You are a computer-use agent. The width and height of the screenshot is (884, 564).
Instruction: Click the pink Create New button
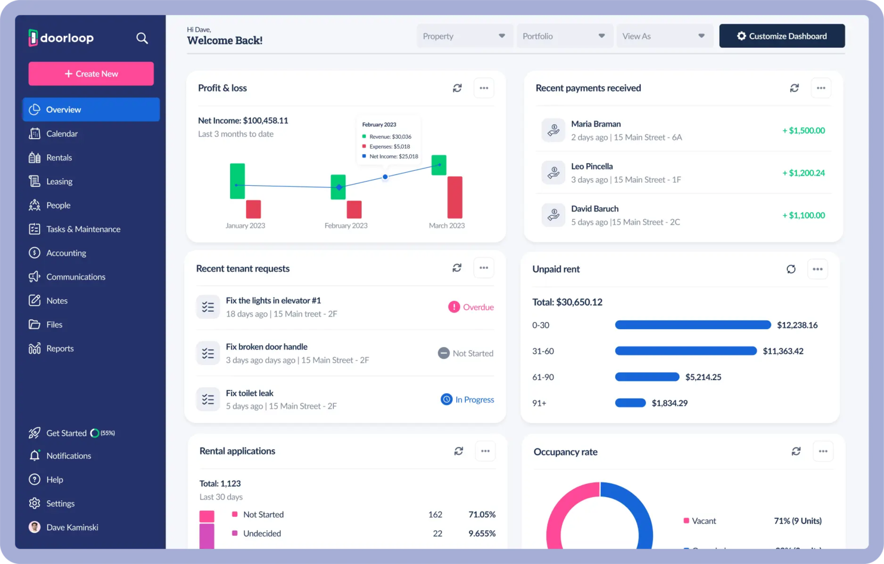click(x=91, y=73)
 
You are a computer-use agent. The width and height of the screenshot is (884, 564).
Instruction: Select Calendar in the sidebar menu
click(x=62, y=134)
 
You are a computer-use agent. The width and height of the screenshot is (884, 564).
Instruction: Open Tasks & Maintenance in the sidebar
click(x=83, y=229)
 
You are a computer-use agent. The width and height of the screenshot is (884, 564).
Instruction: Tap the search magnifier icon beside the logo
click(x=142, y=38)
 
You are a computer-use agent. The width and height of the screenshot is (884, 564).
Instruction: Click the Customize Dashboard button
click(x=781, y=36)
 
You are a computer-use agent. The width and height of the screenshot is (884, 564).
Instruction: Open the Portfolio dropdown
click(x=563, y=36)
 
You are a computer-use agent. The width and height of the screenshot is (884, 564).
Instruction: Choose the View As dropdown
click(x=664, y=36)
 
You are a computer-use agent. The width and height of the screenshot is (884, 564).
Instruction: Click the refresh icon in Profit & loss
click(x=457, y=88)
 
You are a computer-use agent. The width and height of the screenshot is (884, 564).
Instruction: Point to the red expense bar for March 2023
click(x=455, y=197)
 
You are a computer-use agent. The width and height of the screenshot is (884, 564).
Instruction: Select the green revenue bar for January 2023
click(x=237, y=181)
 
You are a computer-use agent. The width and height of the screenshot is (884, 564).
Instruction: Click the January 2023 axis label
click(x=245, y=226)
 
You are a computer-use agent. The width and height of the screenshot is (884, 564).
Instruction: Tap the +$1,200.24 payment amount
click(x=803, y=173)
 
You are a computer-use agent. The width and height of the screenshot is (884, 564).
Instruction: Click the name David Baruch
click(x=594, y=209)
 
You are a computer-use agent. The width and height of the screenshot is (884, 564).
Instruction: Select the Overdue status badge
click(x=471, y=307)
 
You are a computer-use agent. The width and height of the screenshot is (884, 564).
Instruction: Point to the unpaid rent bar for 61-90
click(x=647, y=377)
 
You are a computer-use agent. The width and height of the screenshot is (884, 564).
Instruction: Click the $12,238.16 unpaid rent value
click(x=797, y=325)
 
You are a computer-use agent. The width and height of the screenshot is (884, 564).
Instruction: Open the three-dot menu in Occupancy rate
click(x=822, y=452)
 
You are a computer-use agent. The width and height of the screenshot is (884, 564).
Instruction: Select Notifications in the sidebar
click(x=68, y=456)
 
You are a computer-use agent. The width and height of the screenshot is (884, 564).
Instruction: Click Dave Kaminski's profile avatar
click(x=35, y=527)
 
